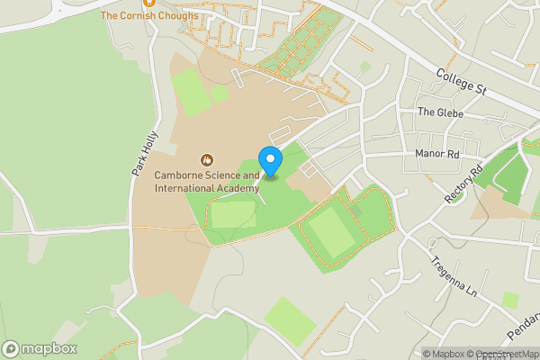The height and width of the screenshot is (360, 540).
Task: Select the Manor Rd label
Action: (437, 154)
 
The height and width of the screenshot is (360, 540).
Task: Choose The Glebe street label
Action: (438, 112)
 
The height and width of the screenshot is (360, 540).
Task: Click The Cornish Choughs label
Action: (149, 15)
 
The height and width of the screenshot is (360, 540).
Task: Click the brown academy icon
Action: (207, 159)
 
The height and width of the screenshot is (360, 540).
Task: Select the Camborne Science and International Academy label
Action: (206, 182)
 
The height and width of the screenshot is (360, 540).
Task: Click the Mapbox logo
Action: (40, 348)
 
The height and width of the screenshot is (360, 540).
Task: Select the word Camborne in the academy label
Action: (179, 175)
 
